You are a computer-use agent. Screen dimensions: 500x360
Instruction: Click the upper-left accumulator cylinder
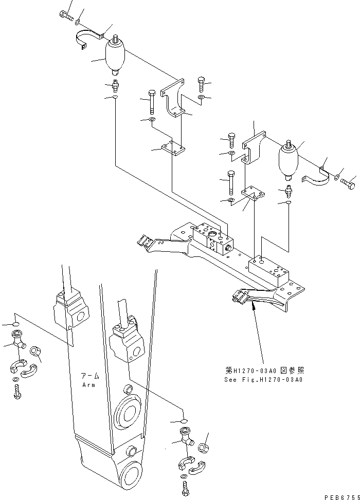[x=115, y=58]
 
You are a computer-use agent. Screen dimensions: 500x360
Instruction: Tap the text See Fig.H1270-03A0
[x=263, y=380]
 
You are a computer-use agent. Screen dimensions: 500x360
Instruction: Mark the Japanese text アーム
[x=88, y=376]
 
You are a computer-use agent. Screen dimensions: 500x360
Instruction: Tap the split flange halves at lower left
[x=21, y=366]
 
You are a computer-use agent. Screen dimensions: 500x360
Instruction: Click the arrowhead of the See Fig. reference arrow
[x=253, y=307]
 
